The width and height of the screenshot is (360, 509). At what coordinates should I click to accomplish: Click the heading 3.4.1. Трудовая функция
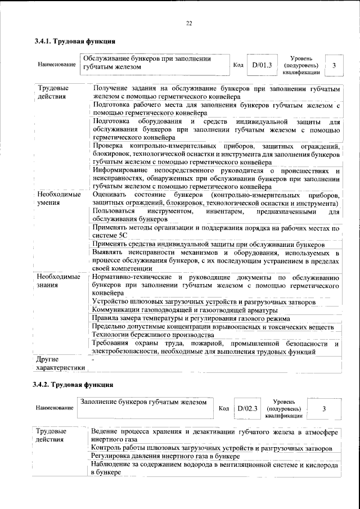[x=75, y=42]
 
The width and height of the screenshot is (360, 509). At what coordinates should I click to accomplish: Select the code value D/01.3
[x=262, y=65]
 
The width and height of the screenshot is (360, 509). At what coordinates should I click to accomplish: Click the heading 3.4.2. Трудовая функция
[x=74, y=385]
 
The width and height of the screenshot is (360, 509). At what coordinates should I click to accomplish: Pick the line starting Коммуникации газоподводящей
[x=185, y=310]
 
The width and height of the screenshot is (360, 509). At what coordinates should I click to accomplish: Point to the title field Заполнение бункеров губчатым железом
[x=143, y=402]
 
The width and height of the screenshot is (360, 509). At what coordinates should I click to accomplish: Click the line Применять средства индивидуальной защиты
[x=208, y=245]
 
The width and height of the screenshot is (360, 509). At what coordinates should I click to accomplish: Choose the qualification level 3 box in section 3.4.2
[x=324, y=409]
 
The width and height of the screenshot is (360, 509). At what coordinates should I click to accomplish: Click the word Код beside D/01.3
[x=238, y=66]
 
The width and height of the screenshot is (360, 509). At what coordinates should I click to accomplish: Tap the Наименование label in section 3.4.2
[x=55, y=407]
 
